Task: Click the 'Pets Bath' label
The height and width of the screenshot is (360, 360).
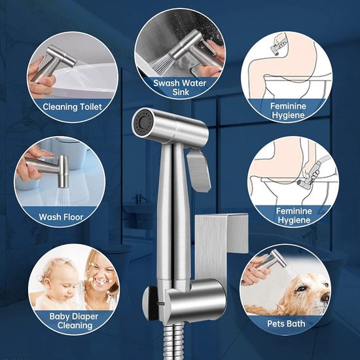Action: click(286, 323)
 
